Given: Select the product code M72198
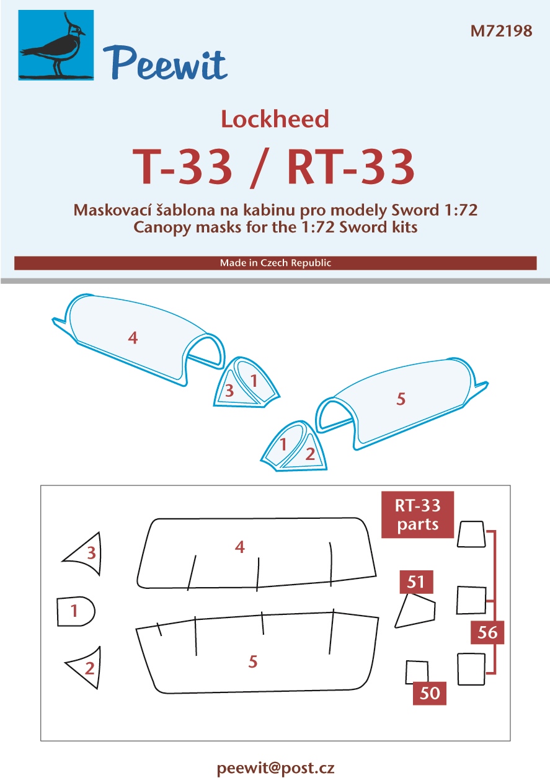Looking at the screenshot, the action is coord(501,31).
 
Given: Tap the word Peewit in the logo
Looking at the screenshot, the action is coord(165,64).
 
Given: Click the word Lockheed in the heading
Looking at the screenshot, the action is coord(275,119).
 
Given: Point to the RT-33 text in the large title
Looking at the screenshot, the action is coord(351,167).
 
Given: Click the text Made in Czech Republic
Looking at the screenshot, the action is coord(275,263).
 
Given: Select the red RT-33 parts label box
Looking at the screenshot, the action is coord(417,515).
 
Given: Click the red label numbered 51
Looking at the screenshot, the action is coord(416,581).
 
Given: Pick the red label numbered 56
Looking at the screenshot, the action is coord(487,632).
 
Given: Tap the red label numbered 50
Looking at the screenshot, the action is coord(430,693).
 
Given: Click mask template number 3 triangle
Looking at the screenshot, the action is coord(86,552).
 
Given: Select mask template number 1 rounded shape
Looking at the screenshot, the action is coord(76,611).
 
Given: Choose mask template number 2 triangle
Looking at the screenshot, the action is coord(87,667).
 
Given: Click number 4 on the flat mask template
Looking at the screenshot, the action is coord(240,547).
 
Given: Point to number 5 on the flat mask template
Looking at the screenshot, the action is coord(253,661).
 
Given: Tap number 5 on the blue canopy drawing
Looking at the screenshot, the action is coord(401,399).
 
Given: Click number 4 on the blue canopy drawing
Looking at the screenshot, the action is coord(133,338).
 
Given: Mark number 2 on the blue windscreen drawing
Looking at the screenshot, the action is coord(310,454).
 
